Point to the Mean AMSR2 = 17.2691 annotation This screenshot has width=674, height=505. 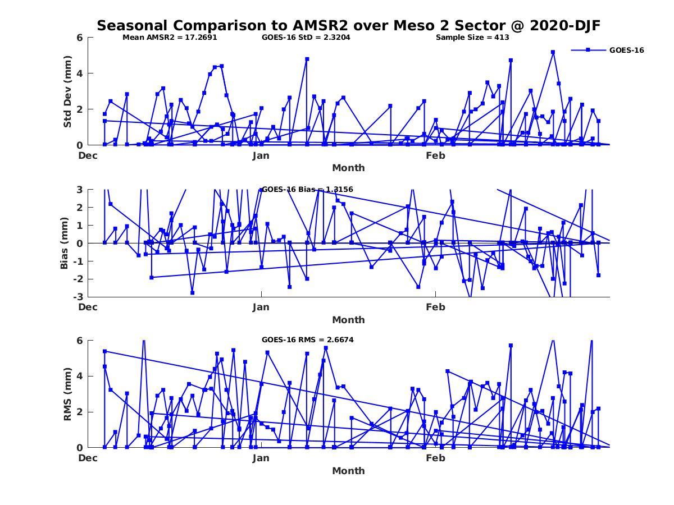170,38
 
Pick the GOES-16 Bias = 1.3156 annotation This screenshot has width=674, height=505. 307,189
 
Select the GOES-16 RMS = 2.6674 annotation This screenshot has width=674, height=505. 307,339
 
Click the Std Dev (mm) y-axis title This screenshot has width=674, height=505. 67,91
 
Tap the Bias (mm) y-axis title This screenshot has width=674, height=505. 65,243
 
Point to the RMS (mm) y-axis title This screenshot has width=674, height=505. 67,394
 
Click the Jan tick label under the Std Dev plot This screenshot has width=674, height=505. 261,155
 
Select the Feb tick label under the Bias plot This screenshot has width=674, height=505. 435,307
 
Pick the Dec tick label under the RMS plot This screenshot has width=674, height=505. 88,458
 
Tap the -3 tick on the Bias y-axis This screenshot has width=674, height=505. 77,297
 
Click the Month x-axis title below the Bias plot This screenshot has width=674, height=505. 348,320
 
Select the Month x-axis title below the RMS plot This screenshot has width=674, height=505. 348,471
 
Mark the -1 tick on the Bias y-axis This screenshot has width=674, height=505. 77,261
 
